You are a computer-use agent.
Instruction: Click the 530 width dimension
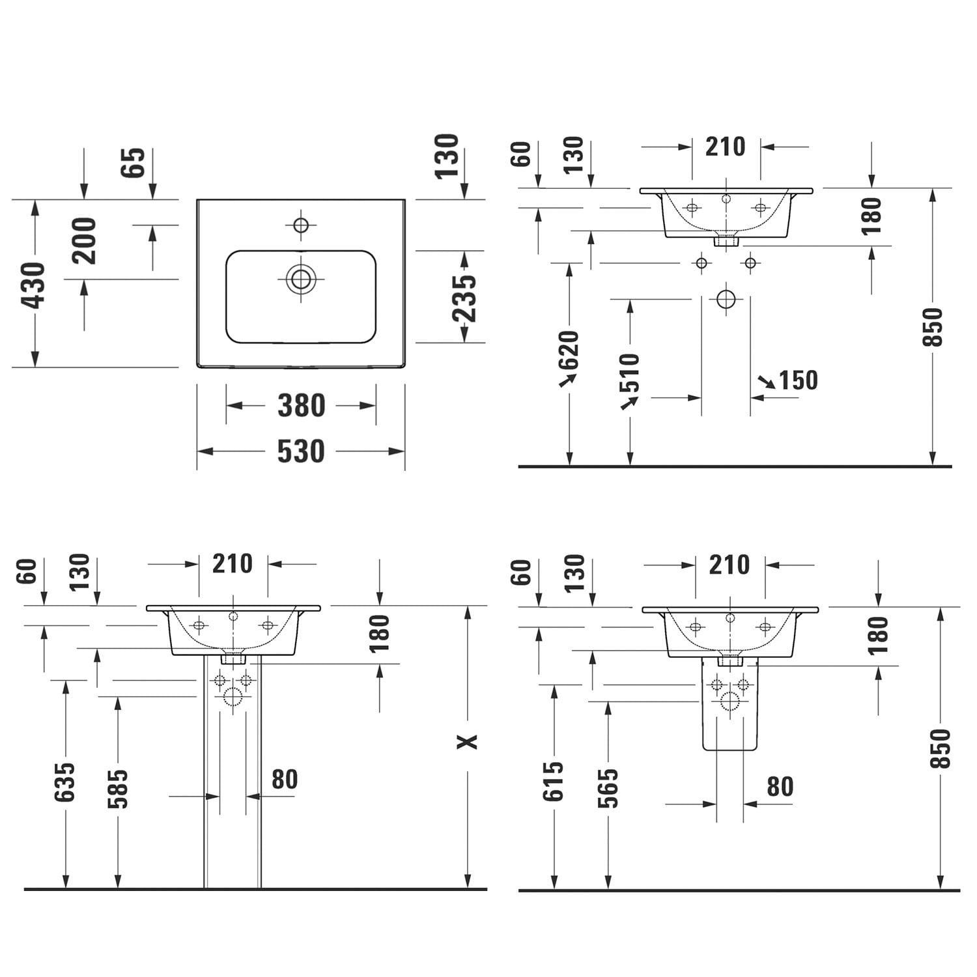[x=301, y=451]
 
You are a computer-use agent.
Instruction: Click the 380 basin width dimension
[x=301, y=406]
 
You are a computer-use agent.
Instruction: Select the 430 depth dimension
[x=34, y=285]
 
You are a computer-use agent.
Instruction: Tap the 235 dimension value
[x=465, y=298]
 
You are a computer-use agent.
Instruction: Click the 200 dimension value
[x=85, y=241]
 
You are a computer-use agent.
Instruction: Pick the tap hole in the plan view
[x=301, y=225]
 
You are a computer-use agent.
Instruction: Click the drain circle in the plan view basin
[x=301, y=279]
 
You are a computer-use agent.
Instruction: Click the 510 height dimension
[x=630, y=373]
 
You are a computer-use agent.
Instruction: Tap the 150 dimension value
[x=798, y=380]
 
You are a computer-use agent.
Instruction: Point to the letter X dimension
[x=467, y=741]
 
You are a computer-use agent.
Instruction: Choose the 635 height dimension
[x=65, y=782]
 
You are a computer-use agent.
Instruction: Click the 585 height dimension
[x=118, y=788]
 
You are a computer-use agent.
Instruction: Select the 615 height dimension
[x=554, y=781]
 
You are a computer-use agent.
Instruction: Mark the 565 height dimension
[x=608, y=787]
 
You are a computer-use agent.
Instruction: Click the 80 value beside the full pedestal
[x=285, y=779]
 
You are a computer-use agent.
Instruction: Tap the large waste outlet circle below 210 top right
[x=726, y=300]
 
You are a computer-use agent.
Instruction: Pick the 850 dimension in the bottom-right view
[x=941, y=749]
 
